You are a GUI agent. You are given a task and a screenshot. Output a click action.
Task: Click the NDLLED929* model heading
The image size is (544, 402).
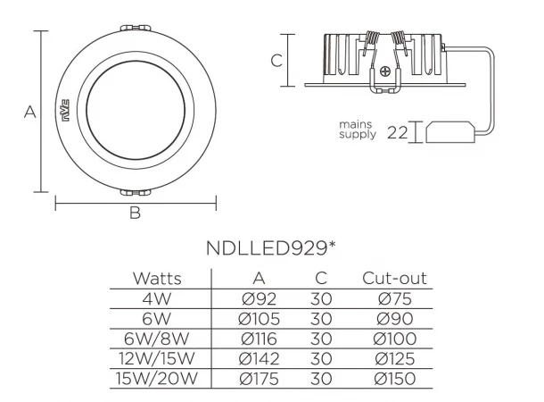point(271,248)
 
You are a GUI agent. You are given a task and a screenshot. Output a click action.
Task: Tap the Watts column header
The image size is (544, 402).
point(157,279)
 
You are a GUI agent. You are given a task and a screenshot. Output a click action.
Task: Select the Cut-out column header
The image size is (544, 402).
point(394,279)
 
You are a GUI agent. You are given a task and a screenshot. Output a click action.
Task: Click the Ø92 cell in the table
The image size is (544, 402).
point(260,298)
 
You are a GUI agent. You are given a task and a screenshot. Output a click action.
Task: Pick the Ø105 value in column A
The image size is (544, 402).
point(260,319)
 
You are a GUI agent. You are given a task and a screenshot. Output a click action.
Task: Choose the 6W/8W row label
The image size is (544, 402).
point(156,339)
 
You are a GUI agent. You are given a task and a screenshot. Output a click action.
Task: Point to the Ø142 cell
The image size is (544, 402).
point(260,359)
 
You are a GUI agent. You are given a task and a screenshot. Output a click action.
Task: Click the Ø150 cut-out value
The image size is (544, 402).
point(395,379)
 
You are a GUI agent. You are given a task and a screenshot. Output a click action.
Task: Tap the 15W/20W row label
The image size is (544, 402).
point(157,379)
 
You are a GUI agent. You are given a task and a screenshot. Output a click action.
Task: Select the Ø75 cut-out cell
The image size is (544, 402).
point(395,298)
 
